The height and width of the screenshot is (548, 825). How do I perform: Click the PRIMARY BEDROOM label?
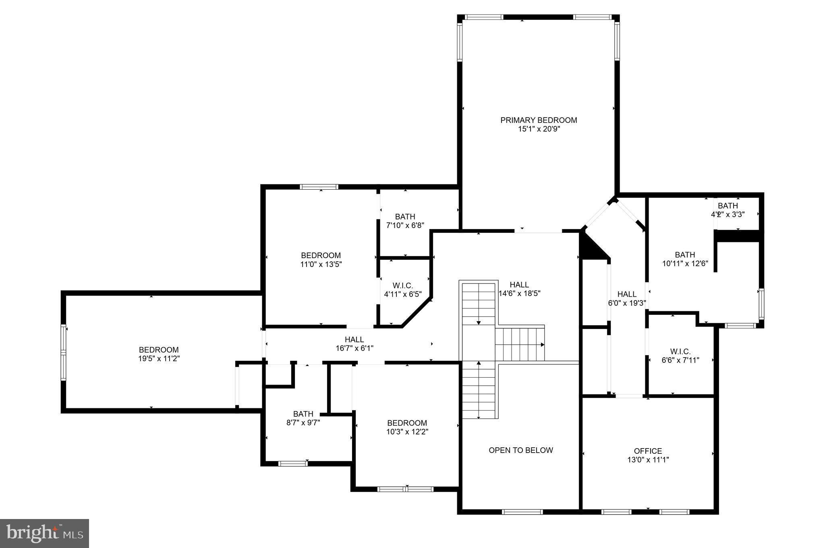click(539, 120)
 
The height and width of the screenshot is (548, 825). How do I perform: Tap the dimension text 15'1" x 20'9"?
click(539, 129)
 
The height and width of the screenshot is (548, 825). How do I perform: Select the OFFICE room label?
click(648, 451)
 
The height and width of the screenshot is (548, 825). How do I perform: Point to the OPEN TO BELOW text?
click(520, 450)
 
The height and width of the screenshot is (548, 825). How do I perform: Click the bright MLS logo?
click(44, 533)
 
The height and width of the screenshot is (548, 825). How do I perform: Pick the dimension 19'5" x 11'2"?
click(159, 359)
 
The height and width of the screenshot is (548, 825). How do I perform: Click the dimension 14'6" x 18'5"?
click(519, 294)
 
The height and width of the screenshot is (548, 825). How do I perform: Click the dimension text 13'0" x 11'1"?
click(648, 460)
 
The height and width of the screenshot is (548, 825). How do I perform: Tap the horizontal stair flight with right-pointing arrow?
click(520, 345)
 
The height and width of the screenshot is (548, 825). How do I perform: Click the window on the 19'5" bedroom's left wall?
click(63, 352)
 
